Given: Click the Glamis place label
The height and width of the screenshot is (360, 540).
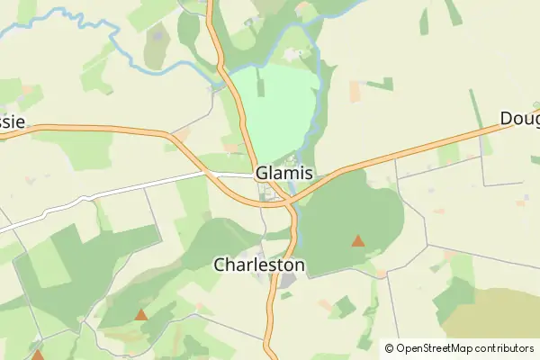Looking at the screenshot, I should [284, 172].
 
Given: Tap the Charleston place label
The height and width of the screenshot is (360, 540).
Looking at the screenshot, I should [259, 265].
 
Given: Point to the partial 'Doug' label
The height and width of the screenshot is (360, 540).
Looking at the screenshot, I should [520, 119].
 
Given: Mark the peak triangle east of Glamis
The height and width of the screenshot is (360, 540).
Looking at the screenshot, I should [358, 240].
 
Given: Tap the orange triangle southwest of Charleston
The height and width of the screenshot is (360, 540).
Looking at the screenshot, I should [141, 315].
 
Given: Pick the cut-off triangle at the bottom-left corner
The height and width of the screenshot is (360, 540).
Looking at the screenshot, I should [37, 355].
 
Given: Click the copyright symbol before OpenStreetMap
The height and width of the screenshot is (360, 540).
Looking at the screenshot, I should [389, 347].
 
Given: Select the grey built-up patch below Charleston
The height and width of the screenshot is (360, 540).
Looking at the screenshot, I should [287, 283].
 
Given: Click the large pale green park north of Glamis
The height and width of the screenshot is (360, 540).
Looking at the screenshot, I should [274, 108].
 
